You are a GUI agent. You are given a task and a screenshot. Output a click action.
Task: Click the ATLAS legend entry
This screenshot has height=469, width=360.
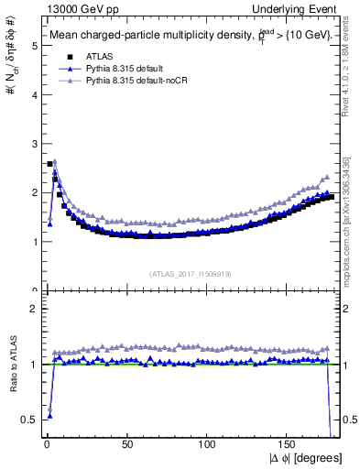coord(102,56)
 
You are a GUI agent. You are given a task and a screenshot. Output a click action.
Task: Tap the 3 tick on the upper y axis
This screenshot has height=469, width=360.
coord(33,144)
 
